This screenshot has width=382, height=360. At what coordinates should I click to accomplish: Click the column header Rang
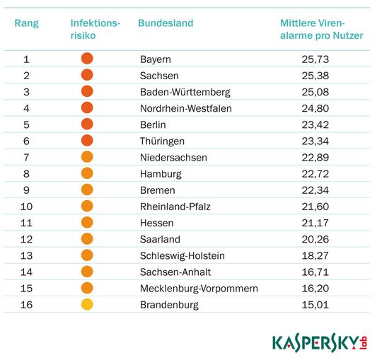coord(26,23)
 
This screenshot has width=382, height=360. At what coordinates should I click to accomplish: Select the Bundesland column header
coord(165,23)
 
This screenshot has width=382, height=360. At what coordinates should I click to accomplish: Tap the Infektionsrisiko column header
coord(95,29)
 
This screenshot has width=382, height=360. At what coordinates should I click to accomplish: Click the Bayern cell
coord(155,59)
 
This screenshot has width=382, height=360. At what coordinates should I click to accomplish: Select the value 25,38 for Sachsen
coord(315,76)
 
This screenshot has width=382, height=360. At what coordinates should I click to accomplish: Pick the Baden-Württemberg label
coord(185,92)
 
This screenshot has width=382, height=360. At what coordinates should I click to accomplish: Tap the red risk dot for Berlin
coord(87,124)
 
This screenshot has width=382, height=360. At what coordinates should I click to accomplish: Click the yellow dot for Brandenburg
coord(87,304)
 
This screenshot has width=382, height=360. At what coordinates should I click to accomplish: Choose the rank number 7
coord(26,157)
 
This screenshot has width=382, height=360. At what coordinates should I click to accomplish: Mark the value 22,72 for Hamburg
coord(315,173)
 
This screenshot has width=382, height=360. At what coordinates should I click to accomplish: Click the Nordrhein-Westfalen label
coord(185,108)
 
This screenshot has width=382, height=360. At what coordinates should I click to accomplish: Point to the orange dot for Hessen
coord(87,222)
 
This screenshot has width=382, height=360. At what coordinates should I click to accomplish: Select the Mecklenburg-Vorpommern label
coord(199,288)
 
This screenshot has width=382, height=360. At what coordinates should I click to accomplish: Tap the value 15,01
coord(315,304)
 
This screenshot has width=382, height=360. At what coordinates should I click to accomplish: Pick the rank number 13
coord(26,255)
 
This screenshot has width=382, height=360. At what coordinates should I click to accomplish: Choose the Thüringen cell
coord(162,141)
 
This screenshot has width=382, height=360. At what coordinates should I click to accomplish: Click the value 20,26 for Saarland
coord(315,239)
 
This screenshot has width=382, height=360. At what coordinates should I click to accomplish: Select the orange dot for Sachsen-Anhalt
coord(87,272)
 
